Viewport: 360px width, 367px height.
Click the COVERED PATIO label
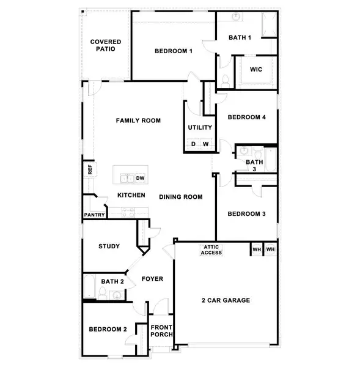(x=106, y=46)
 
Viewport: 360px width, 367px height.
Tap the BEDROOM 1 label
(x=174, y=51)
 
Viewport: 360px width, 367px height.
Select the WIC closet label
(x=256, y=69)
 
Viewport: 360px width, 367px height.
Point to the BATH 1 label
(x=240, y=38)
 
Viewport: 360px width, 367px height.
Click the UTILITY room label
(x=200, y=128)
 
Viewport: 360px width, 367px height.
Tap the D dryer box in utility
(x=193, y=144)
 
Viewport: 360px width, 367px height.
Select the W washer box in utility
(x=206, y=144)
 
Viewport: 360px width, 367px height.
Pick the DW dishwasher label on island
(x=140, y=179)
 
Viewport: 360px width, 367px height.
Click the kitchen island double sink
(x=127, y=179)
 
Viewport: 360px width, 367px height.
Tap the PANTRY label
(x=95, y=215)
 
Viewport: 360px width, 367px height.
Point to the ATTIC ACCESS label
(x=211, y=250)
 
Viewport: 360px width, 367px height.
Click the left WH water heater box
(x=256, y=250)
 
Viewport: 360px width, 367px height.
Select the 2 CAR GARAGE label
(x=226, y=300)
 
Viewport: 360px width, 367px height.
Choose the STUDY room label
(x=109, y=247)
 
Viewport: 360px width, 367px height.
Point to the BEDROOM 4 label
(x=246, y=117)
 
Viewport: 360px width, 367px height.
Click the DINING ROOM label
(x=180, y=197)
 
